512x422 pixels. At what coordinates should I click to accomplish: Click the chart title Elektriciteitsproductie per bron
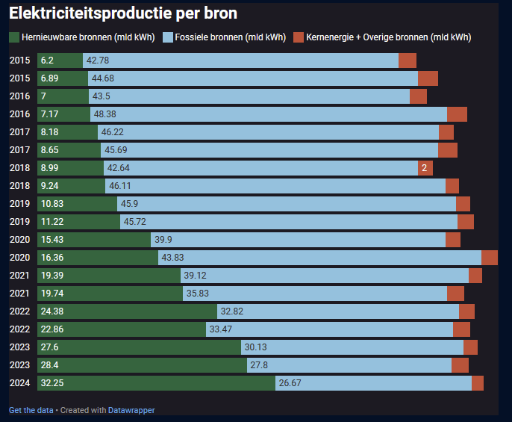(123, 13)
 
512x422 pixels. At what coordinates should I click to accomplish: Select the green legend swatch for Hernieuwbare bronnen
(14, 37)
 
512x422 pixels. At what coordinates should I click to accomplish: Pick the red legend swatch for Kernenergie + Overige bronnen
(299, 37)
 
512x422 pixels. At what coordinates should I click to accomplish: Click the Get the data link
(31, 410)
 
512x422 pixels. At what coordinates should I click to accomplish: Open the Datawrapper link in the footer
(131, 410)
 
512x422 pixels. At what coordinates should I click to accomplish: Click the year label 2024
(19, 383)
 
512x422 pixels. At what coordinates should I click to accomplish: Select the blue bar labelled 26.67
(373, 383)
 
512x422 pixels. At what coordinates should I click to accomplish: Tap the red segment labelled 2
(425, 168)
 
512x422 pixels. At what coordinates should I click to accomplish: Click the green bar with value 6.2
(70, 60)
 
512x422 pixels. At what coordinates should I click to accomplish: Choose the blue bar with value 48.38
(269, 114)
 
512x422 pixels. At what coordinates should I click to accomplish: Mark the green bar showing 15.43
(104, 240)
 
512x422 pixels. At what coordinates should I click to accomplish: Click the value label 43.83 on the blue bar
(173, 258)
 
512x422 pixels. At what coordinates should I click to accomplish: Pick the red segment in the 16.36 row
(490, 258)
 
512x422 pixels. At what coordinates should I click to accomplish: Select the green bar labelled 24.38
(137, 311)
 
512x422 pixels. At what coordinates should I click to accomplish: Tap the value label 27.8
(259, 365)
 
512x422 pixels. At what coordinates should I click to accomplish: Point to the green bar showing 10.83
(87, 204)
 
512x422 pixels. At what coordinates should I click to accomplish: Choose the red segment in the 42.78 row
(408, 60)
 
